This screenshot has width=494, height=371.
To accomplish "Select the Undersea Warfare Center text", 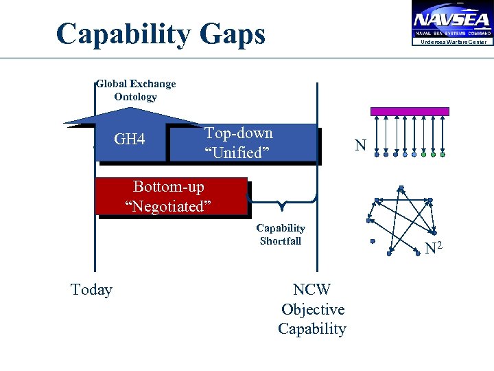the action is pyautogui.click(x=453, y=43).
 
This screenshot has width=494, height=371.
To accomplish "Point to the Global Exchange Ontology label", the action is pyautogui.click(x=136, y=90).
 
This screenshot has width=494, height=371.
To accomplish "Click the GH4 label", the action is pyautogui.click(x=130, y=140).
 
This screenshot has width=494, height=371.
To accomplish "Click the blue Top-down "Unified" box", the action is pyautogui.click(x=274, y=143).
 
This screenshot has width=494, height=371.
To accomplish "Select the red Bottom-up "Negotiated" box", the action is pyautogui.click(x=172, y=196).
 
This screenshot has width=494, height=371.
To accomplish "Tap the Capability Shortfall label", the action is pyautogui.click(x=281, y=234).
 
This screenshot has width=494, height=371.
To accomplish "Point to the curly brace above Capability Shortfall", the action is pyautogui.click(x=281, y=203).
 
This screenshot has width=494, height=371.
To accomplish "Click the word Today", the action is pyautogui.click(x=91, y=290).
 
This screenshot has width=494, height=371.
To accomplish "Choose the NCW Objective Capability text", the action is pyautogui.click(x=312, y=309).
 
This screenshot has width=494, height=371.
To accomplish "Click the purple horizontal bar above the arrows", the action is pyautogui.click(x=410, y=111).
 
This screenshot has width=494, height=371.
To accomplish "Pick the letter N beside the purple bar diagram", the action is pyautogui.click(x=360, y=145).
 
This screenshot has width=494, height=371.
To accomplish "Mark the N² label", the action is pyautogui.click(x=434, y=248).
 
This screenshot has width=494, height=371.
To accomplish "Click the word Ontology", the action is pyautogui.click(x=136, y=97).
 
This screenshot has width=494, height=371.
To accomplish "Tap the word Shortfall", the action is pyautogui.click(x=281, y=241).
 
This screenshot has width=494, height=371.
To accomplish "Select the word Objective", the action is pyautogui.click(x=313, y=309).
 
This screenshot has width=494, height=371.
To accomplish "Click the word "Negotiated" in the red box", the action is pyautogui.click(x=168, y=206).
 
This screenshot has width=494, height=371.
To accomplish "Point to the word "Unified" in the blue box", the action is pyautogui.click(x=233, y=153).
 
